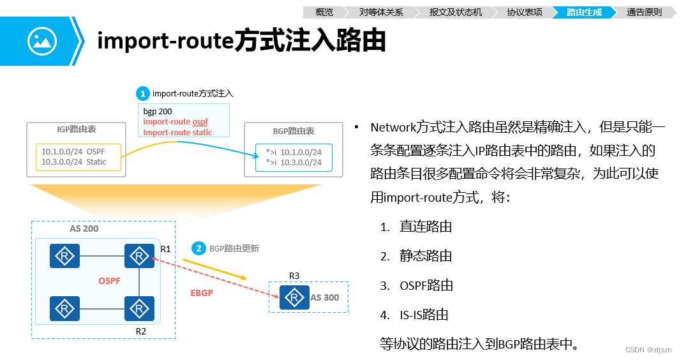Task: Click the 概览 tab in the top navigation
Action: pos(324,11)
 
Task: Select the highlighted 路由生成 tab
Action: pos(584,11)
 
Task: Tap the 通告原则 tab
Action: pos(644,11)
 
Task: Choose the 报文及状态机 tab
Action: pos(456,11)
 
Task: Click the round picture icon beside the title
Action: pos(42,41)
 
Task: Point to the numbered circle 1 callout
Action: pos(143,93)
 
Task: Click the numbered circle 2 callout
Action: pos(199,248)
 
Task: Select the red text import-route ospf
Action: pos(176,122)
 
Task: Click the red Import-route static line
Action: pos(177,132)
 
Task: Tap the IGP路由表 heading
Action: pos(76,130)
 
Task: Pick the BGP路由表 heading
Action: pos(293,131)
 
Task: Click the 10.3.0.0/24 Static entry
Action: pos(74,162)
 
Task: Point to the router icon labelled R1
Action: pos(139,256)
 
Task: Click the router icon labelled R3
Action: pos(294,297)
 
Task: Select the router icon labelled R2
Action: pos(139,308)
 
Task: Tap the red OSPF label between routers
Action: pos(109,281)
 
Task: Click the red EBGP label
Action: pos(202,294)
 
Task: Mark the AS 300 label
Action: pos(325,297)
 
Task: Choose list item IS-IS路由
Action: pos(424,315)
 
